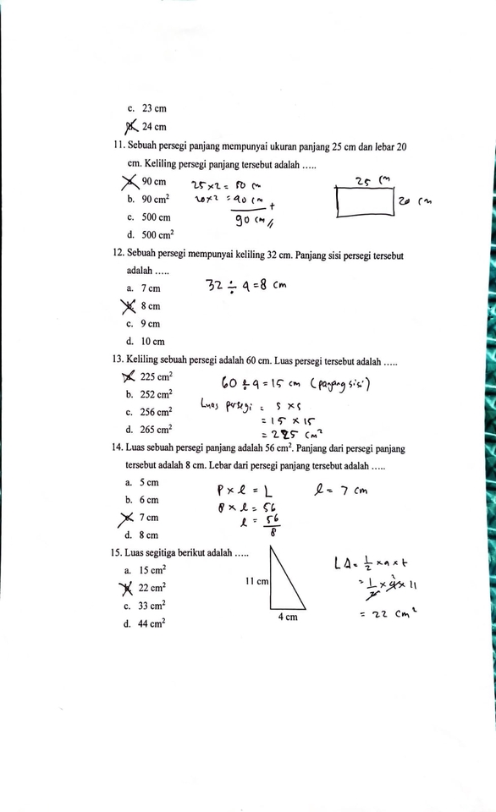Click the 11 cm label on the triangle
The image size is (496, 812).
[x=256, y=581]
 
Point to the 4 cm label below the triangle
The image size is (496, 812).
[x=288, y=617]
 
